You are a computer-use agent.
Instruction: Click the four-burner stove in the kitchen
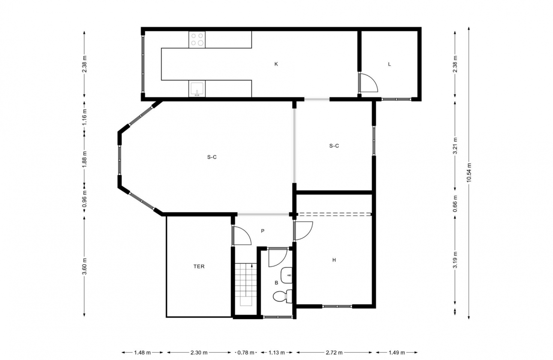pos(197,40)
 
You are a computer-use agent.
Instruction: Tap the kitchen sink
pos(197,89)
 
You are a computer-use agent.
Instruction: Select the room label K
pos(276,64)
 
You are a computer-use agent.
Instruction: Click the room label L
pos(389,64)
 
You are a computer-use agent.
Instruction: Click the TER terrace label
pos(199,267)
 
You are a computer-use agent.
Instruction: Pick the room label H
pos(334,260)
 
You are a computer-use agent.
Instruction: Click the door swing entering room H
pos(304,231)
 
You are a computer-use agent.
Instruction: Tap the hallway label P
pos(263,231)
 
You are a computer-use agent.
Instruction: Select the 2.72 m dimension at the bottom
pos(334,353)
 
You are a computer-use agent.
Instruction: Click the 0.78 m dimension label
pos(246,353)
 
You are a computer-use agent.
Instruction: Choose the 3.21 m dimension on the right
pos(455,146)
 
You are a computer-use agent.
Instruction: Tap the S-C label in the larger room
pos(212,157)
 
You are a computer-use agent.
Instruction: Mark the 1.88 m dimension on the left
pos(84,159)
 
